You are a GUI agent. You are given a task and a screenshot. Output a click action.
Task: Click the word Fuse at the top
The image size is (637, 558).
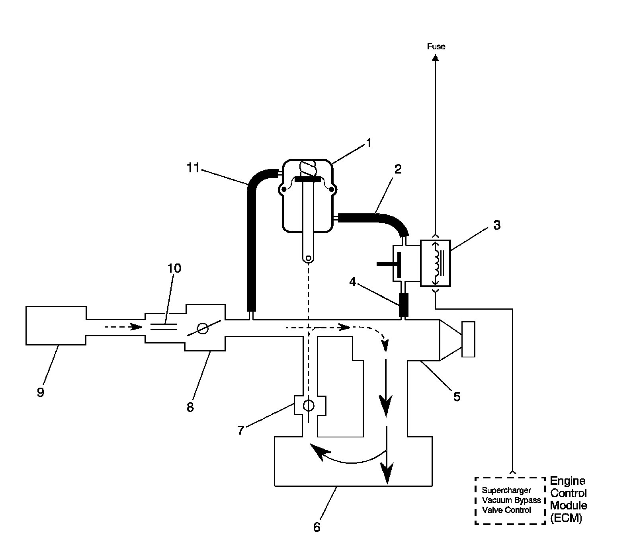tap(436, 47)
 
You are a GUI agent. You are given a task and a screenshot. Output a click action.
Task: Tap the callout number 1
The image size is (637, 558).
tap(369, 143)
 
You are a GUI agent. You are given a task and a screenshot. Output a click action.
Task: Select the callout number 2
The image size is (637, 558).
tap(397, 169)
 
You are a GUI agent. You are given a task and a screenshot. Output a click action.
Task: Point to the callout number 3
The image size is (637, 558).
tap(496, 225)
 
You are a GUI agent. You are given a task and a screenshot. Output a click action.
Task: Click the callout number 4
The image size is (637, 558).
tap(352, 282)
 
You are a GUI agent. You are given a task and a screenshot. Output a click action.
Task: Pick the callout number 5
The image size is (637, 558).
tap(457, 396)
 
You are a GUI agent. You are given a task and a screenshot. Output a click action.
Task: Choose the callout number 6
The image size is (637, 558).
tap(317, 527)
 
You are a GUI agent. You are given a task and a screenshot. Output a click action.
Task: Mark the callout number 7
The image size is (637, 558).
tap(240, 430)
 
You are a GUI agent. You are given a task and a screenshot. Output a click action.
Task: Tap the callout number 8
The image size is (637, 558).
tap(190, 407)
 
